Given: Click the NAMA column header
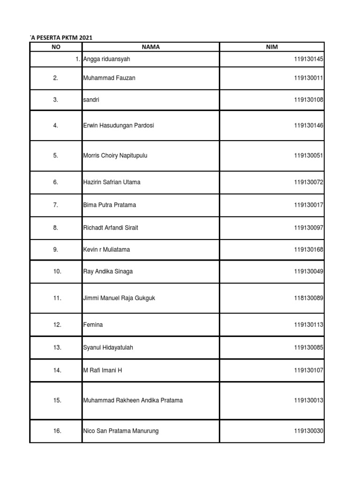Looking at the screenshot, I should pos(150,47).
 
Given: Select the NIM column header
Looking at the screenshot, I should pos(271,47).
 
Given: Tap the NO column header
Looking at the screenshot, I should pos(56,47).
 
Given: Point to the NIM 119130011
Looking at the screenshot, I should pos(309,78).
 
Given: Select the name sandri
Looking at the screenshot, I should pos(91,100).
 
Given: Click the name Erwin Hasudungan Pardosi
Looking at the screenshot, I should pos(119,126).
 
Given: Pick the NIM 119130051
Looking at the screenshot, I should pos(309,156).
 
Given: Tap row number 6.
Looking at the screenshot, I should pos(56,182).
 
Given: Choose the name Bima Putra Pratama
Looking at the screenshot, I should pos(110,205).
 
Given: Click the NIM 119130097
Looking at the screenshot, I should pos(309,228).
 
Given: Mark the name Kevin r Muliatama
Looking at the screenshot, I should pos(106,250).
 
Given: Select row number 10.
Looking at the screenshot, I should pos(57,272).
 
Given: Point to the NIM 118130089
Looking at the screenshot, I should pos(309,298).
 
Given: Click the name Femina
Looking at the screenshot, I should pos(93,325).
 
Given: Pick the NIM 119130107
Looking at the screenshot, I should pos(309,370).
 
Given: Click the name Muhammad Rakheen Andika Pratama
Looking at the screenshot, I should pos(133,401).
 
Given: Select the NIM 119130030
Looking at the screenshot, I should pos(309,431).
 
